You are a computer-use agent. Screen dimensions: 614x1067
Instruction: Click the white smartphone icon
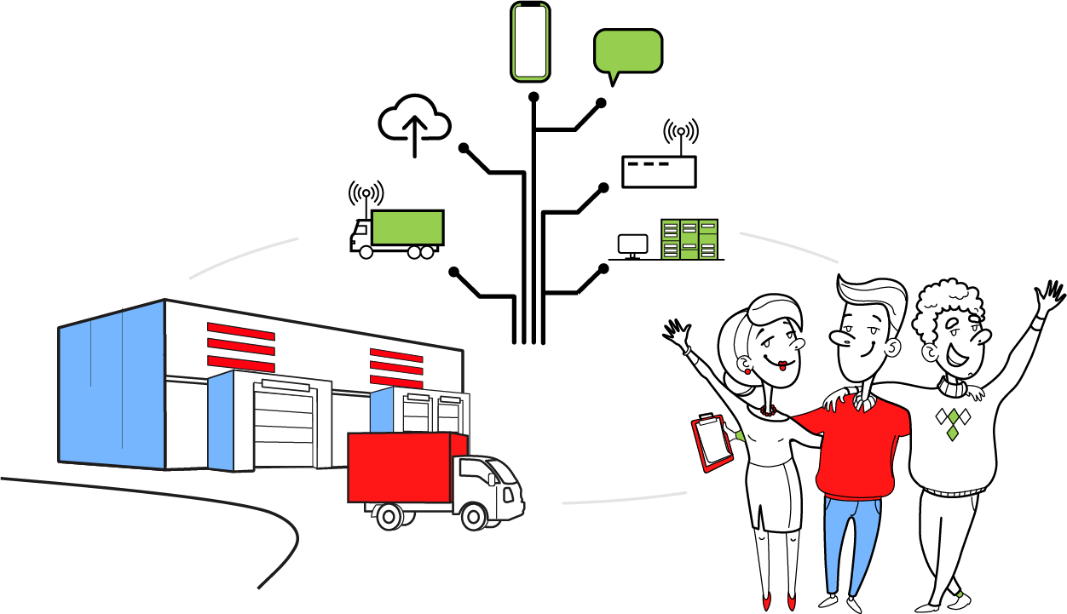click(x=530, y=42)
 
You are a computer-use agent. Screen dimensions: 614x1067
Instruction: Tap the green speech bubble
click(x=627, y=50)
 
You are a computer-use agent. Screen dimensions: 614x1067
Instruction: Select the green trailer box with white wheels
click(x=407, y=227)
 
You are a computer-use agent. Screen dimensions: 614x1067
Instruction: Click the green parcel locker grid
click(x=689, y=239)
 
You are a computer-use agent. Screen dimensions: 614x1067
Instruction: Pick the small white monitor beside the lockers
click(x=632, y=244)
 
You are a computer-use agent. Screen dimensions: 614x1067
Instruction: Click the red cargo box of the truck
click(x=399, y=467)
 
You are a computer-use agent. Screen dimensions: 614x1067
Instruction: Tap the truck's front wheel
click(x=472, y=515)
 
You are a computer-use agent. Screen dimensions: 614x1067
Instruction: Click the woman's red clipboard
click(x=712, y=442)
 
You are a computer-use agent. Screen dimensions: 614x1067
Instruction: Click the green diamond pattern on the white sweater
click(x=953, y=422)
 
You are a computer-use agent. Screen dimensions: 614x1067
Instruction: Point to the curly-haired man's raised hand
click(x=1046, y=301)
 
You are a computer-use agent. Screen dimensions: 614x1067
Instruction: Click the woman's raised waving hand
click(x=680, y=338)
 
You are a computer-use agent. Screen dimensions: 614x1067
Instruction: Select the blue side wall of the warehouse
click(x=111, y=383)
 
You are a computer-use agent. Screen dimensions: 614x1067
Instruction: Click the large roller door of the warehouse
click(x=283, y=426)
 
